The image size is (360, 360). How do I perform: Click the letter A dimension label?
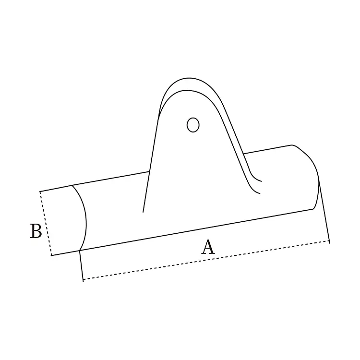pyautogui.click(x=207, y=247)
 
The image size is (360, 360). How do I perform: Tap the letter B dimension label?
pyautogui.click(x=36, y=231)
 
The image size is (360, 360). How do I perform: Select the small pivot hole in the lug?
pyautogui.click(x=192, y=125)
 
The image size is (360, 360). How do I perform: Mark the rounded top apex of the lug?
pyautogui.click(x=187, y=79)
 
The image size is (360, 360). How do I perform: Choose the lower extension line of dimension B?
pyautogui.click(x=65, y=253)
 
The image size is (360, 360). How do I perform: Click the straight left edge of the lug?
pyautogui.click(x=151, y=163)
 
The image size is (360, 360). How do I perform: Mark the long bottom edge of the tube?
pyautogui.click(x=197, y=229)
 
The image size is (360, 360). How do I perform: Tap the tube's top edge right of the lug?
pyautogui.click(x=269, y=149)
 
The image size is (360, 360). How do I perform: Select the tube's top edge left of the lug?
pyautogui.click(x=110, y=178)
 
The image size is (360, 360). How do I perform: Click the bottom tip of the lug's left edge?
pyautogui.click(x=143, y=212)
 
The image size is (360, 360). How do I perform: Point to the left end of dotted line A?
pyautogui.click(x=83, y=280)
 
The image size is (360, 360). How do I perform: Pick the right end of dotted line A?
pyautogui.click(x=329, y=241)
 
